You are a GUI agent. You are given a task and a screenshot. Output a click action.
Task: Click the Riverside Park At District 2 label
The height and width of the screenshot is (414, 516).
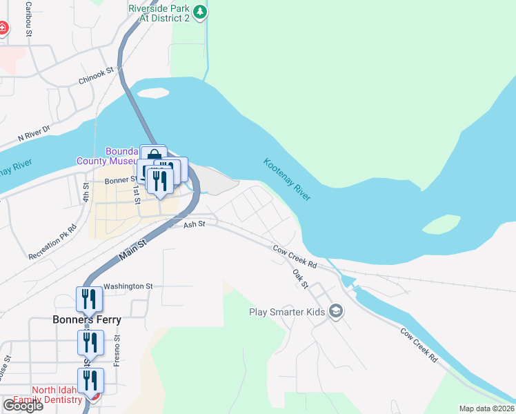[x=159, y=13]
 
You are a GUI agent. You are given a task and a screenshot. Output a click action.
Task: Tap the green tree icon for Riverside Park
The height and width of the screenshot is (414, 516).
[x=199, y=12]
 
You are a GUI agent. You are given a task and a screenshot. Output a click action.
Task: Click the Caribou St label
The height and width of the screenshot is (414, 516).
[x=29, y=15]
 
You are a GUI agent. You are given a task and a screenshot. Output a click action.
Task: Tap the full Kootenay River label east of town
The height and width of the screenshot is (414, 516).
[x=287, y=179]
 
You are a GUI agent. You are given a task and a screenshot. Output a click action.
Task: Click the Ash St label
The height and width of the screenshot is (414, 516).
[x=195, y=224]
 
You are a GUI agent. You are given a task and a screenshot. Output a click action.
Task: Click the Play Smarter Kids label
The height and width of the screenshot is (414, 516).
[x=286, y=312]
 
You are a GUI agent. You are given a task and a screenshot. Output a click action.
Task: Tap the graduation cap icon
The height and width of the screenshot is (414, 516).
[x=336, y=312]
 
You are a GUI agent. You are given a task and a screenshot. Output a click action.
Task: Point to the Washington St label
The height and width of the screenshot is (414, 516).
[x=128, y=286]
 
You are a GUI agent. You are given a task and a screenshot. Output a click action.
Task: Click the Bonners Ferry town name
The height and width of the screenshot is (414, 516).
[x=87, y=319]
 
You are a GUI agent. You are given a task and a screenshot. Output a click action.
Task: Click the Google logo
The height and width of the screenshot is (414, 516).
[x=23, y=406]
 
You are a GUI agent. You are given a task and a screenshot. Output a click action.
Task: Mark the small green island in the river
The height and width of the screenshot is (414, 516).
[x=441, y=224]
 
